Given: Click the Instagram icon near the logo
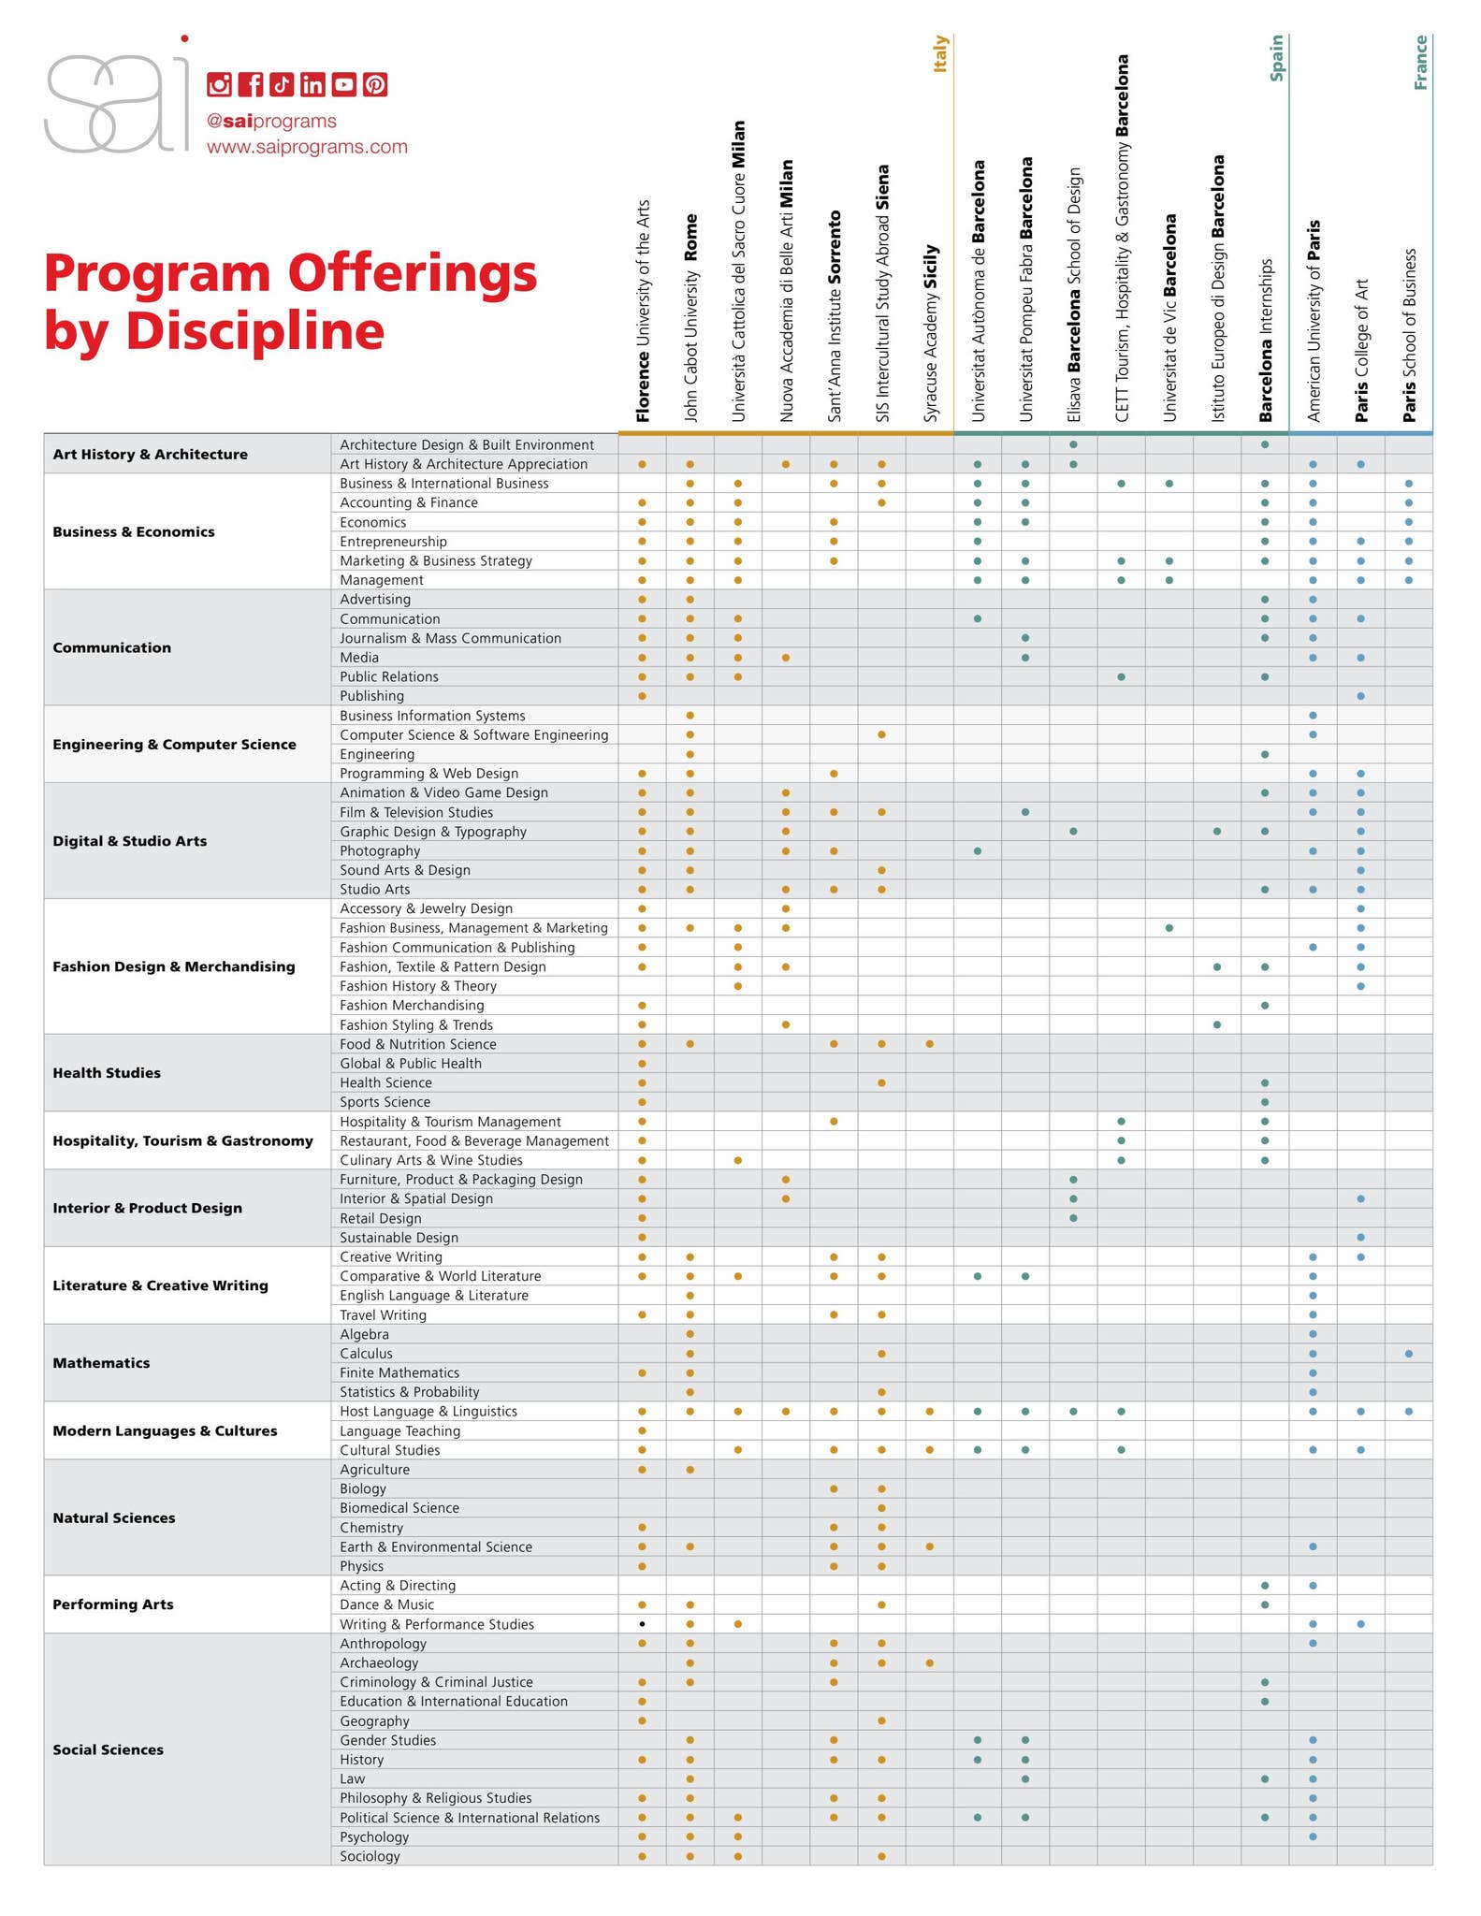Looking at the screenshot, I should pyautogui.click(x=219, y=85).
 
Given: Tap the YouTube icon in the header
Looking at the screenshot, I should pyautogui.click(x=343, y=85).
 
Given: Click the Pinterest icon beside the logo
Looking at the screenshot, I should pyautogui.click(x=375, y=85).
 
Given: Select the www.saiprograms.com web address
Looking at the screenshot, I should pyautogui.click(x=307, y=147).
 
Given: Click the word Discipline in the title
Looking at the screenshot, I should pyautogui.click(x=254, y=331).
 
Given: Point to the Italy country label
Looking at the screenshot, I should pyautogui.click(x=940, y=53).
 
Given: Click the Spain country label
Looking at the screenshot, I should pyautogui.click(x=1276, y=58).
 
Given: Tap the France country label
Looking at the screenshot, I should pyautogui.click(x=1420, y=62).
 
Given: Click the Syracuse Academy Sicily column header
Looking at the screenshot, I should pyautogui.click(x=930, y=333).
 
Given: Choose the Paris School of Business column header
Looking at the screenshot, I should pyautogui.click(x=1409, y=335).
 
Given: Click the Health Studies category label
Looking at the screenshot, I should pyautogui.click(x=107, y=1073).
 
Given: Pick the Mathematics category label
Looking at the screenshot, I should pyautogui.click(x=101, y=1363).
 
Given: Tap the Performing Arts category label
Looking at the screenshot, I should pyautogui.click(x=113, y=1604).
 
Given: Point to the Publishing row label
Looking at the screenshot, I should pyautogui.click(x=371, y=696).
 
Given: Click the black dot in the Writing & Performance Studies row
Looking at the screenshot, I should pyautogui.click(x=642, y=1624).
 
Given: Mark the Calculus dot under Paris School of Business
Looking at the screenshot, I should pyautogui.click(x=1409, y=1354).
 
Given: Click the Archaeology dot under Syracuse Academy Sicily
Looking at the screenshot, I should pyautogui.click(x=929, y=1662).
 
